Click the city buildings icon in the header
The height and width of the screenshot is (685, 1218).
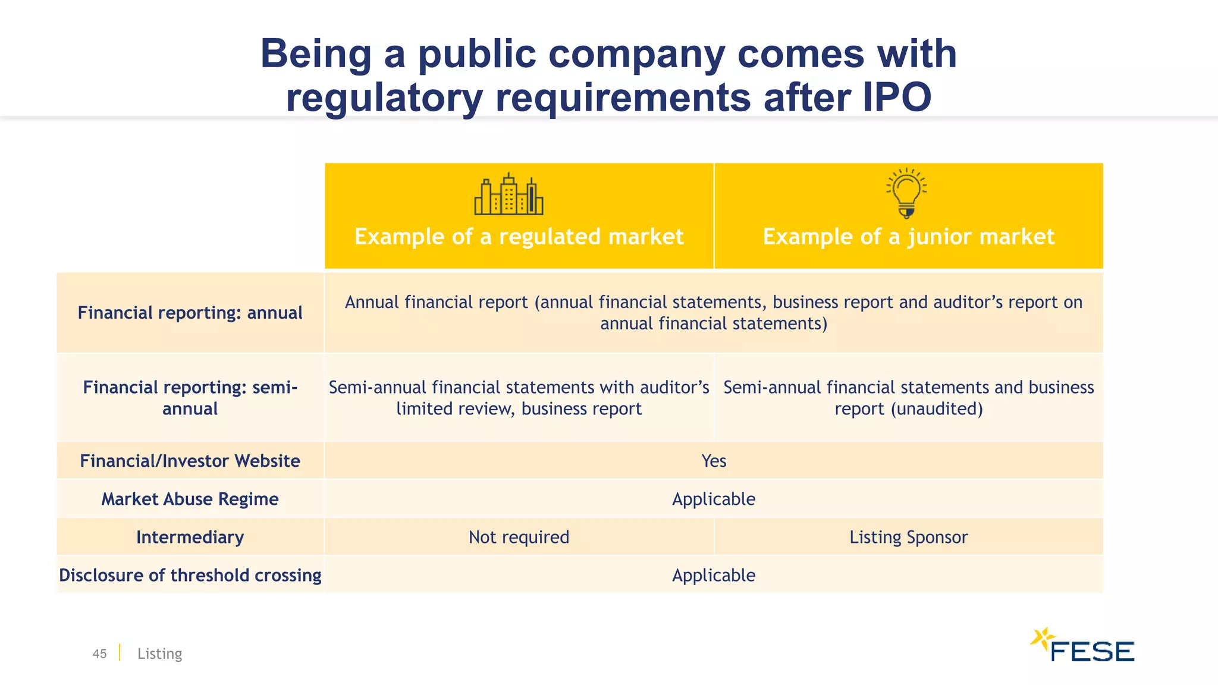508,194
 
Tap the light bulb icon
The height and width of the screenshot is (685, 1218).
906,193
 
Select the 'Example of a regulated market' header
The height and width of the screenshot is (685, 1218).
519,237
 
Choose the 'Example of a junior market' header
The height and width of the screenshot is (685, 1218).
908,237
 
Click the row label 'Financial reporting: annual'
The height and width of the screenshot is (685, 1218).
190,313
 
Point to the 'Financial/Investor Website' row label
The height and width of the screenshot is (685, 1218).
190,461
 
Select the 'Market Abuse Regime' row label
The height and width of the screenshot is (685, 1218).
190,499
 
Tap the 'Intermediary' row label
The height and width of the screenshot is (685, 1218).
190,537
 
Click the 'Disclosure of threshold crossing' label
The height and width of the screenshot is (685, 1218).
190,575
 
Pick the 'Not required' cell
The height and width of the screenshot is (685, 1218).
519,537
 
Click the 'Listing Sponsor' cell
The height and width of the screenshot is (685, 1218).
908,537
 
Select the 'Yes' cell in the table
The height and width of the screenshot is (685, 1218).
714,461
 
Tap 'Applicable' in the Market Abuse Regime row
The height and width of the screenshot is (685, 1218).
714,499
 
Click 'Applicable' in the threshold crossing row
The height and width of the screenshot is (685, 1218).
714,575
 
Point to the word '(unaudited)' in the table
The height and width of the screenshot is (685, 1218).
937,409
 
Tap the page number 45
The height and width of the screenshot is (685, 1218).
99,653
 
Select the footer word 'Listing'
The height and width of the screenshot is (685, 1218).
159,653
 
